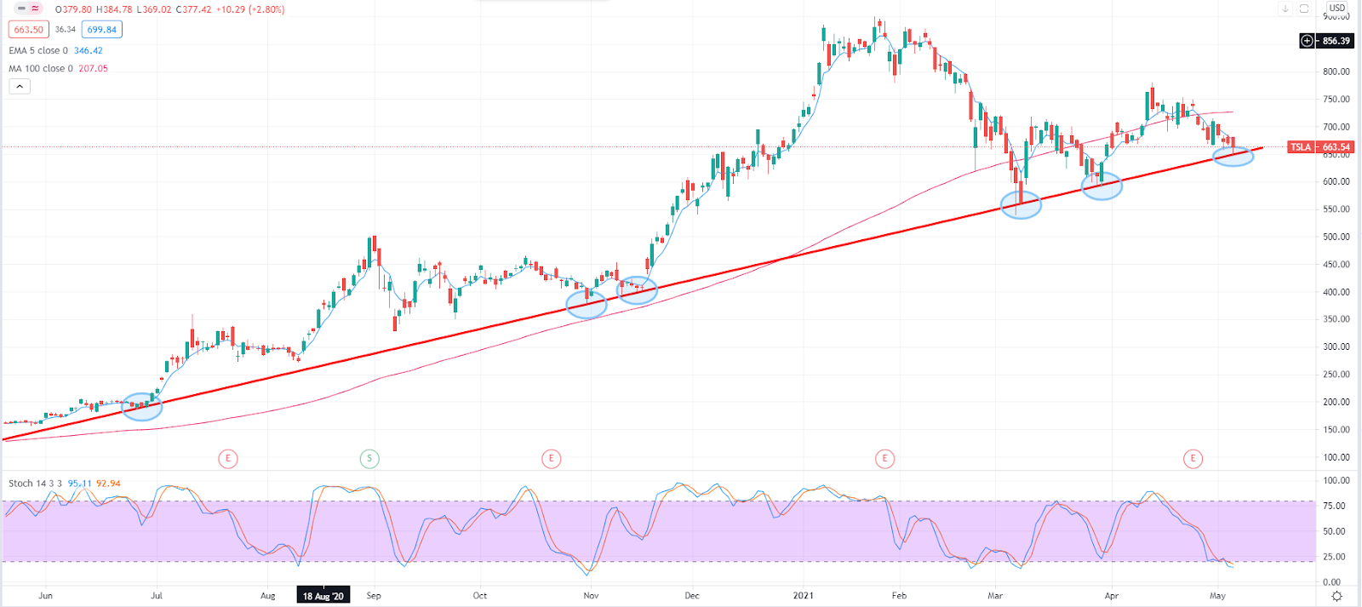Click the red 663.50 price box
(28, 30)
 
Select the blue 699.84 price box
(101, 30)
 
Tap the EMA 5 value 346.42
(89, 51)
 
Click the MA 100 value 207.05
(93, 69)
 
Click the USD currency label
(1337, 9)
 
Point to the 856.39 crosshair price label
(1335, 41)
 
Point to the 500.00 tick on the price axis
(1336, 237)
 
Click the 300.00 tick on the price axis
(1336, 346)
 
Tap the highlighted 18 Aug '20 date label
(323, 596)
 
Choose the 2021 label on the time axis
(803, 596)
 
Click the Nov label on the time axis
(591, 596)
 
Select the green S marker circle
(369, 459)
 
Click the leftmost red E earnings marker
(227, 459)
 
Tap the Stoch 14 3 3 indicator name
(35, 484)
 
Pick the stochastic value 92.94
(108, 484)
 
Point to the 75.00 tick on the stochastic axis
(1333, 506)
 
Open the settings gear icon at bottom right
(1337, 596)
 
